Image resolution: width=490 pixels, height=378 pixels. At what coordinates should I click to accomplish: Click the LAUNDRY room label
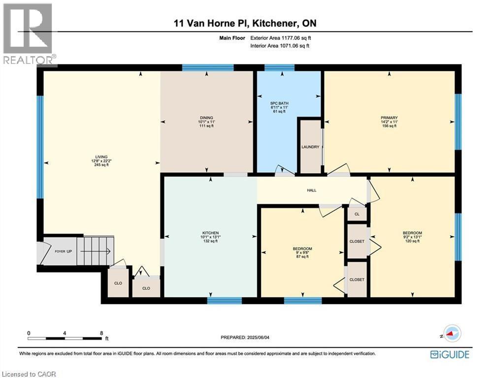[310, 147]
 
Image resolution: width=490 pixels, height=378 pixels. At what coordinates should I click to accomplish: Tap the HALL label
[312, 190]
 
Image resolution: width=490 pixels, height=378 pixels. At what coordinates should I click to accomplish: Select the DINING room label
[206, 118]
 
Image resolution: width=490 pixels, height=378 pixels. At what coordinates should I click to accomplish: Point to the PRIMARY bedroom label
[389, 118]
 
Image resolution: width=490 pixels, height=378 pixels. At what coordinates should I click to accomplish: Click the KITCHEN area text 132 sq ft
[210, 241]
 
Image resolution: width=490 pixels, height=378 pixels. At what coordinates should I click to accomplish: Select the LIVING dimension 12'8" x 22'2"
[101, 161]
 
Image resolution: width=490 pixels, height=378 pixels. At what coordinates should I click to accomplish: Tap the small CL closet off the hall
[357, 214]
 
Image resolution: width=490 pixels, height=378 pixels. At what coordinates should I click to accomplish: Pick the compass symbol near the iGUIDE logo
[452, 334]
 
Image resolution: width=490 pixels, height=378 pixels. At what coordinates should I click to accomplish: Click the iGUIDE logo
[450, 354]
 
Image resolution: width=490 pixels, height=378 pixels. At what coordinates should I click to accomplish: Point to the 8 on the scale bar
[101, 333]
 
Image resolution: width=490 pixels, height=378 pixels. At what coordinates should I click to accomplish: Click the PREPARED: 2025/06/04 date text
[245, 337]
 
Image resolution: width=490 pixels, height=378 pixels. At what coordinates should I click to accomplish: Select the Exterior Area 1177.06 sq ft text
[281, 38]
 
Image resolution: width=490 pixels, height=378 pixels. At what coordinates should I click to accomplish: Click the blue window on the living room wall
[40, 147]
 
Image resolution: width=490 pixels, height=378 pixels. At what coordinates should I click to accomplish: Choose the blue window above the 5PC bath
[279, 67]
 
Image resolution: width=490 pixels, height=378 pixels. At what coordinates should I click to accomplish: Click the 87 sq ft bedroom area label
[302, 257]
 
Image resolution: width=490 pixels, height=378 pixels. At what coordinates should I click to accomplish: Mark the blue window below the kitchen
[225, 301]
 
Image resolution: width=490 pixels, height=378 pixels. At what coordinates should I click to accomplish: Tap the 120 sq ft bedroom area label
[412, 241]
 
